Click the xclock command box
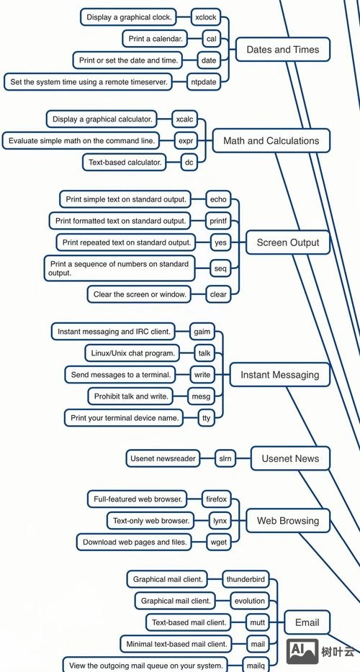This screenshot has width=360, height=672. pos(205,17)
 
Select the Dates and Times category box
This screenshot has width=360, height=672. pos(282,50)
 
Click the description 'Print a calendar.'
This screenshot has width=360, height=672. pos(156,39)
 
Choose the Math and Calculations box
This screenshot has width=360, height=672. pos(271,141)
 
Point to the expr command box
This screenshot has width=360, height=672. pos(186,141)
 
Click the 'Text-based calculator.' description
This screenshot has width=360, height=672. pos(125,163)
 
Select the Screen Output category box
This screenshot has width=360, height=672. pos(288,242)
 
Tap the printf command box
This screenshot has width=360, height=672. pos(217,221)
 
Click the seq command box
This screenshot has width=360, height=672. pos(220,268)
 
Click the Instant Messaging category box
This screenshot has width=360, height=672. pos(279,375)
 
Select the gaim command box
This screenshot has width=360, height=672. pos(201,332)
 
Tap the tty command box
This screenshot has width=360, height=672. pos(207,417)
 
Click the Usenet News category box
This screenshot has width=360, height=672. pos(290,458)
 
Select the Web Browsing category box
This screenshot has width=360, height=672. pos(287,520)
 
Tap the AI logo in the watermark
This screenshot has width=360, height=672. pos(301,651)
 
